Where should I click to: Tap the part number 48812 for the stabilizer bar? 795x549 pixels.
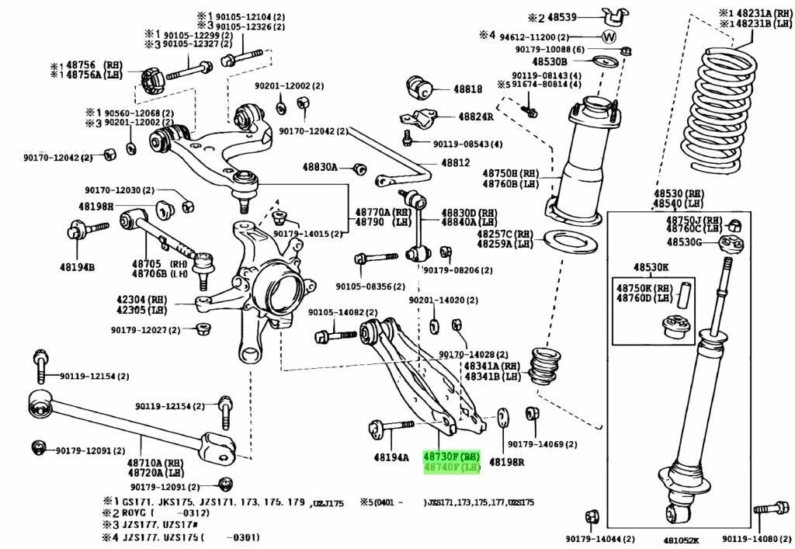(x=456, y=163)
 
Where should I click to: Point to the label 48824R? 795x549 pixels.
(x=475, y=116)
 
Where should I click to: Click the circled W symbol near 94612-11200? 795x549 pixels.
(x=608, y=36)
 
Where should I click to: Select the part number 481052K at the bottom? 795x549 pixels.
(x=682, y=540)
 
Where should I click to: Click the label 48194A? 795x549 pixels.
(x=391, y=457)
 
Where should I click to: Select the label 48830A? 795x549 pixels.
(x=320, y=167)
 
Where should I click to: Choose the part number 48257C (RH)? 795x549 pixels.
(x=495, y=233)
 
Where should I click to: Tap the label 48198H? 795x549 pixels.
(x=95, y=206)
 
